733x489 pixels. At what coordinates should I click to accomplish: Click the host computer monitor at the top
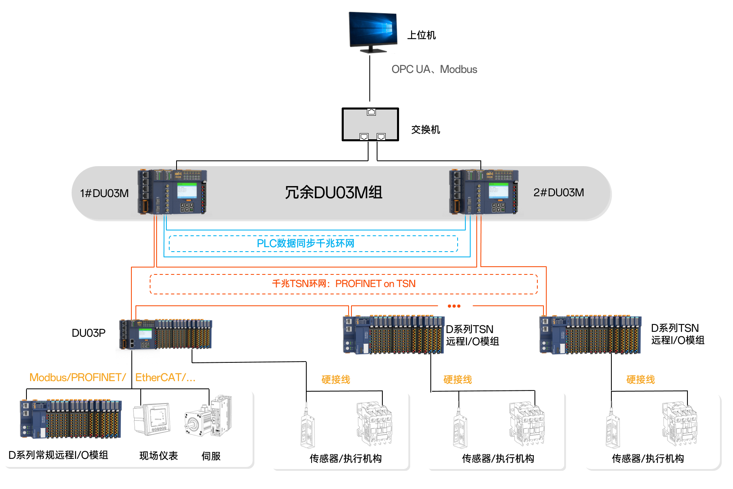click(373, 32)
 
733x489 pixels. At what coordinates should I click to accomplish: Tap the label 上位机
click(421, 35)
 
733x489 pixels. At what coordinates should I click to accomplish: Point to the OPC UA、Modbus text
click(434, 70)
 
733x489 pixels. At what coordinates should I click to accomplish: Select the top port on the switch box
click(371, 112)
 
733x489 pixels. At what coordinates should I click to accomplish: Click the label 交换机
click(425, 130)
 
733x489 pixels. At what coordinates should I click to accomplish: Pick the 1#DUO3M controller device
click(172, 192)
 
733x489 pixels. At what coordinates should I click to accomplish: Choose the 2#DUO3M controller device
click(484, 192)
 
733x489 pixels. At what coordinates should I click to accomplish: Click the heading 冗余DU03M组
click(334, 193)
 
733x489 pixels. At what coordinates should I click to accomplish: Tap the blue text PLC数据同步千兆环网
click(305, 243)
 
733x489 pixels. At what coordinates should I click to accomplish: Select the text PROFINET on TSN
click(375, 284)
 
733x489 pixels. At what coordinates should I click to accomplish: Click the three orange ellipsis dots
click(454, 306)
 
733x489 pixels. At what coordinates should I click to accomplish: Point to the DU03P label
click(89, 333)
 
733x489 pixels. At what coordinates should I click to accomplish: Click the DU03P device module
click(166, 334)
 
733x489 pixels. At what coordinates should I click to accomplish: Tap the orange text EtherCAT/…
click(165, 378)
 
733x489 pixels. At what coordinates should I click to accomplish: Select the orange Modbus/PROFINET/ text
click(77, 378)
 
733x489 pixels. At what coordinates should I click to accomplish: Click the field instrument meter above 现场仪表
click(152, 419)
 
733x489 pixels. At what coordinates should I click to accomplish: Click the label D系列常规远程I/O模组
click(58, 455)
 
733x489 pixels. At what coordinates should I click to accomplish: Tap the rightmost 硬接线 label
click(640, 380)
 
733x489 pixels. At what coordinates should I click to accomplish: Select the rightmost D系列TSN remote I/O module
click(590, 335)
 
